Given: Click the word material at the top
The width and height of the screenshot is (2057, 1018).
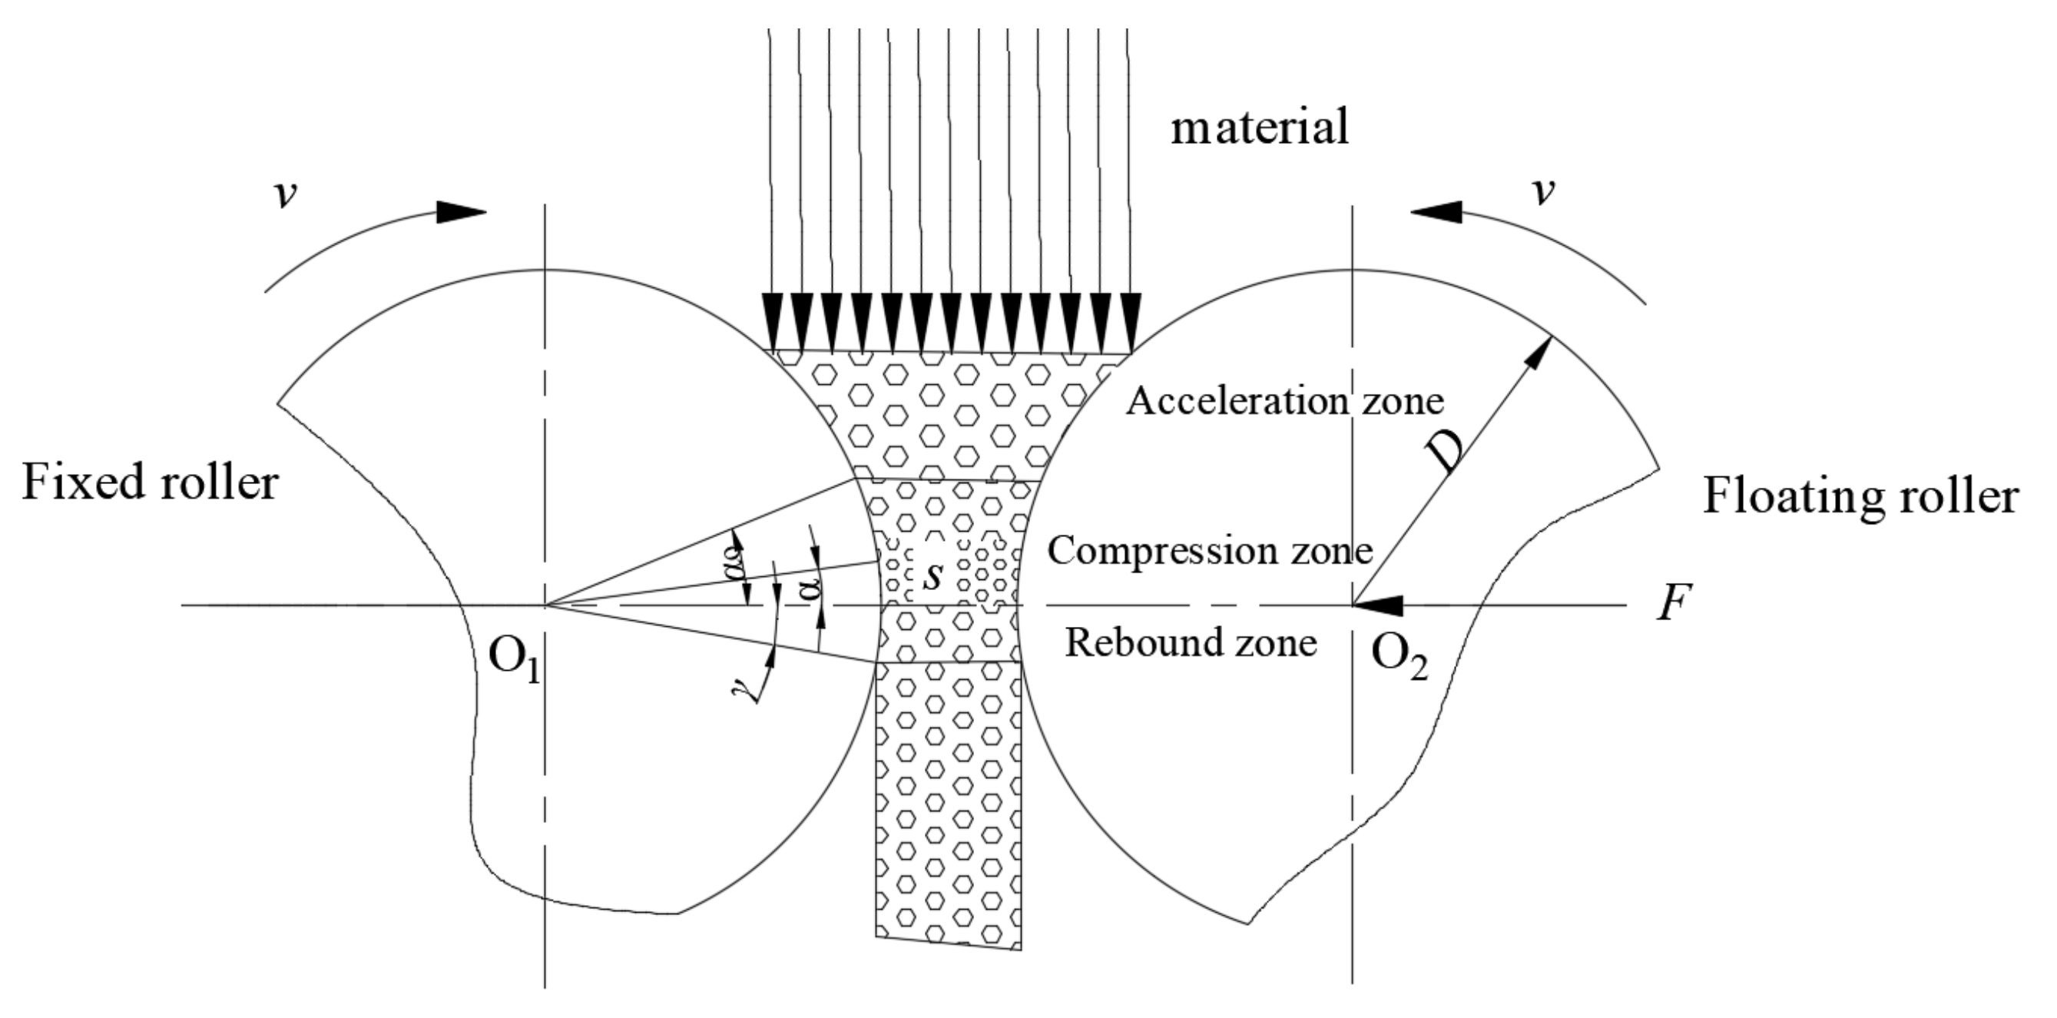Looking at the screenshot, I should pyautogui.click(x=1259, y=128).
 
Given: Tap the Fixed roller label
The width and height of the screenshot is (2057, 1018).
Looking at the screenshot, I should pyautogui.click(x=150, y=483).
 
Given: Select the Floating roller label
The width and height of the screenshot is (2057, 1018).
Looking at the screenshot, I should pyautogui.click(x=1860, y=496).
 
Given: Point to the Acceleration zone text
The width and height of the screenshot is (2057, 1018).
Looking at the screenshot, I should pyautogui.click(x=1285, y=402).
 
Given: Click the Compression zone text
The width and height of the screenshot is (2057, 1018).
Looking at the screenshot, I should pyautogui.click(x=1210, y=551).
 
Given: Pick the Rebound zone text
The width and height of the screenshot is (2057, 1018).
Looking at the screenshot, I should pyautogui.click(x=1191, y=643).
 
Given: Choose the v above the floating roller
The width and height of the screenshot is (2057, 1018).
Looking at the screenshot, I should pyautogui.click(x=1545, y=192).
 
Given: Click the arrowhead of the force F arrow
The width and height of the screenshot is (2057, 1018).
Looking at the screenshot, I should pyautogui.click(x=1376, y=605).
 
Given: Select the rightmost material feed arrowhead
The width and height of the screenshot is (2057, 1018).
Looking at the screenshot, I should pyautogui.click(x=1130, y=323).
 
